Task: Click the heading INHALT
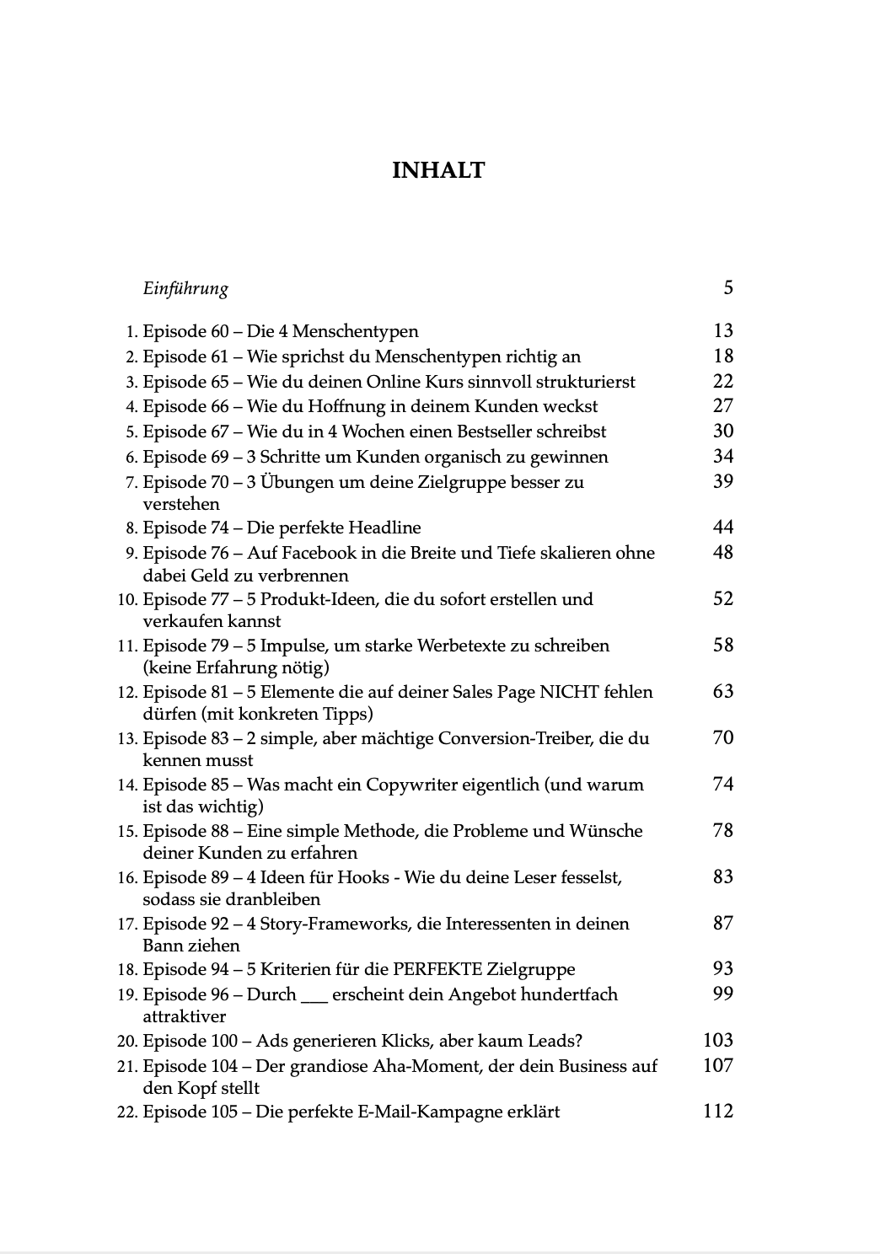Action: point(438,171)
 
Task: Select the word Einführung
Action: point(185,289)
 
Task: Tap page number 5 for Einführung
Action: point(727,288)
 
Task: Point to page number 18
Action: point(722,356)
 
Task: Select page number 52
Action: point(722,599)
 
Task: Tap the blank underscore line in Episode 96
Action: point(314,995)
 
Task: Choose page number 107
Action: point(717,1065)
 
